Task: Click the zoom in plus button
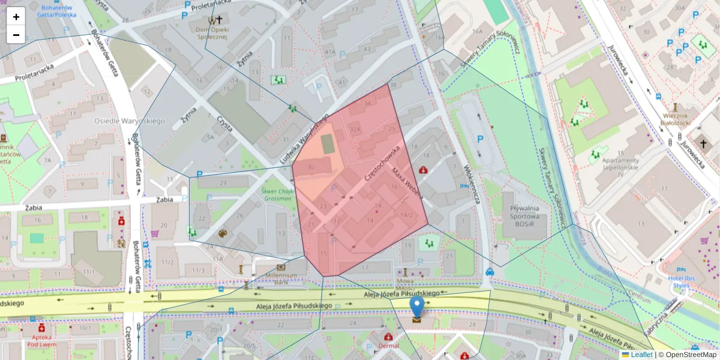coord(16,16)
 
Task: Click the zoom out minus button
coord(16,35)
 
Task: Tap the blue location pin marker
coord(416,307)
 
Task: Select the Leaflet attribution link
coord(641,355)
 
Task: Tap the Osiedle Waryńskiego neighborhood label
coord(129,121)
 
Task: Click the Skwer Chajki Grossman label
coord(278,194)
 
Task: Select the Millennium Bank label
coord(281,278)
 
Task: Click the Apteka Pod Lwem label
coord(41,341)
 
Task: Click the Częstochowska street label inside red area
coord(382,163)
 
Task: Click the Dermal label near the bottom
coord(389,346)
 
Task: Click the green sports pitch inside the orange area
coord(327,144)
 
